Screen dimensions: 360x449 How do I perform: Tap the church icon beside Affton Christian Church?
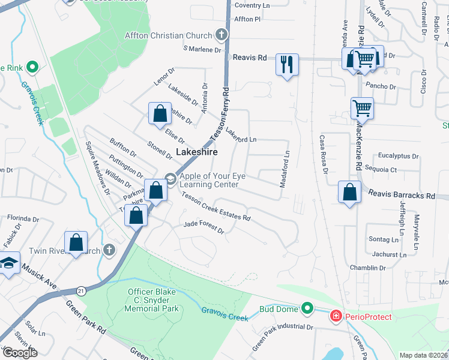222,35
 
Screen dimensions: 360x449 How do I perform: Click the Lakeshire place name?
196,152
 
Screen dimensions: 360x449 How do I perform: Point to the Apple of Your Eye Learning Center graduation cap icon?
170,178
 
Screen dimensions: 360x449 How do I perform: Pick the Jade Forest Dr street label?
203,227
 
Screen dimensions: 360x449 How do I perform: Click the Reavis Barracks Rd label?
402,196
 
